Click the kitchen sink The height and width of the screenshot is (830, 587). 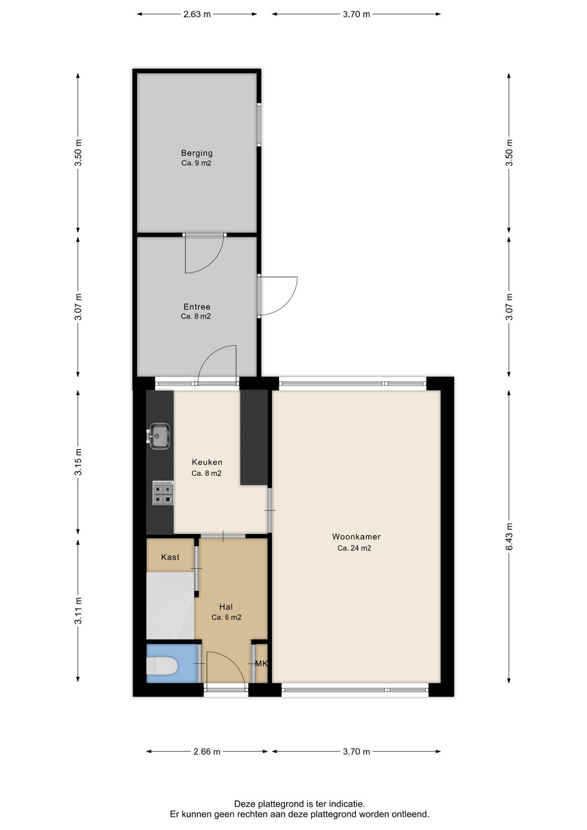159,436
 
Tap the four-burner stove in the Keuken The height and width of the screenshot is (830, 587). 163,493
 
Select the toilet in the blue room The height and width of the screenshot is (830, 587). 162,666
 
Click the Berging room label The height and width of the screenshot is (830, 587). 197,153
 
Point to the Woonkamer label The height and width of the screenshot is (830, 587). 356,537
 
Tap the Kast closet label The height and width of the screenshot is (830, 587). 170,557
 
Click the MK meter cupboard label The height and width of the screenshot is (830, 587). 262,664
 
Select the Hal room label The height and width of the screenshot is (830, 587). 226,607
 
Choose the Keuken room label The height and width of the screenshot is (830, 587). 207,462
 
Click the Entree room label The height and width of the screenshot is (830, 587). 197,307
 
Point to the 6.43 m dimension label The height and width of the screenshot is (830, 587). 509,536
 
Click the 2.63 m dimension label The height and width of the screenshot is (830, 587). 197,14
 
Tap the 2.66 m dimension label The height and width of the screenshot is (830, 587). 207,752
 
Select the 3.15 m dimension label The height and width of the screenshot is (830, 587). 78,462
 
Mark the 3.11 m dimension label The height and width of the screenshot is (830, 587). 78,611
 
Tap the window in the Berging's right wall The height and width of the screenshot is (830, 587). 259,124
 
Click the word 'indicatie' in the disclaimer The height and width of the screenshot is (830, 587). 347,804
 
